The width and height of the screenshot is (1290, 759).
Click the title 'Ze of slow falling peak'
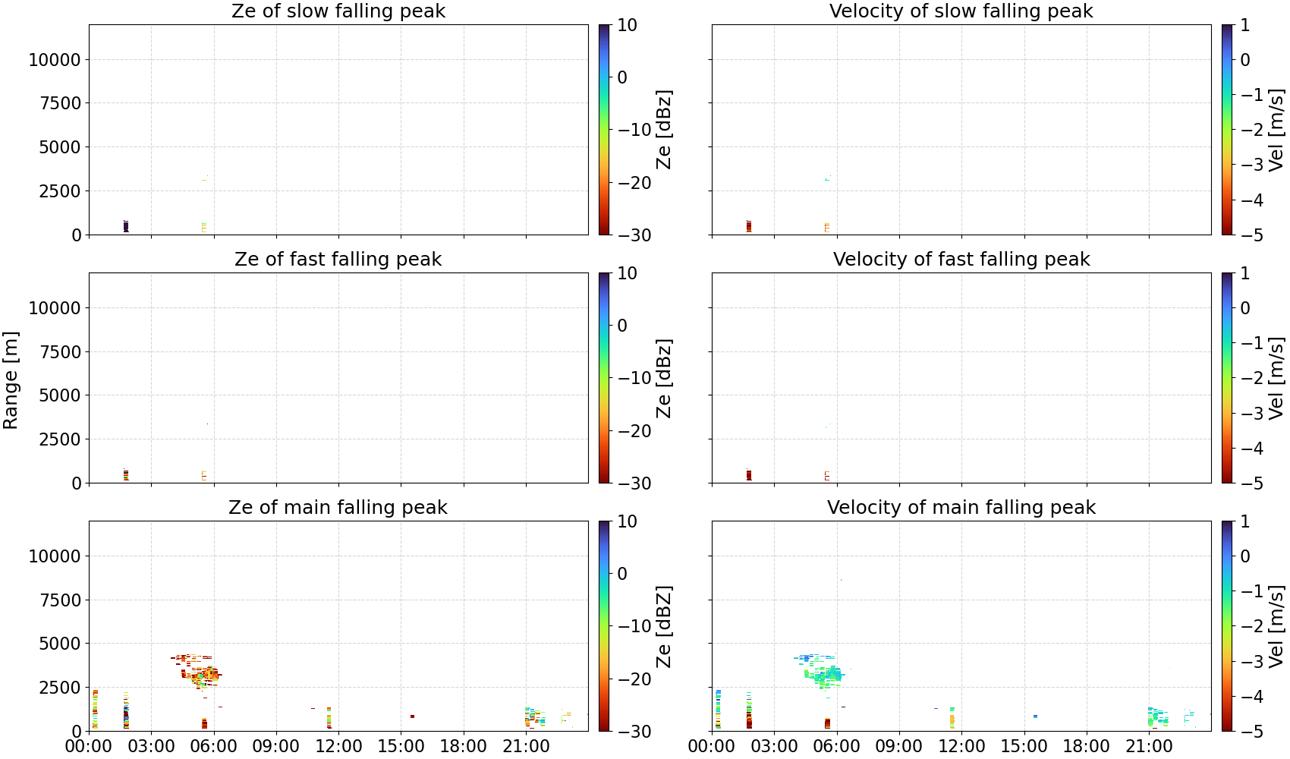pos(338,11)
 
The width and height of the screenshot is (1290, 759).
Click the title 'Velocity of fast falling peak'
pos(961,259)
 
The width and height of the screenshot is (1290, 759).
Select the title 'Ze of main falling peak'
pos(338,507)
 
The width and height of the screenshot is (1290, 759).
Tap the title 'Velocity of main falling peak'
pos(961,507)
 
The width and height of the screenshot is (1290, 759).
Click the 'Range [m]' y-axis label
pos(11,380)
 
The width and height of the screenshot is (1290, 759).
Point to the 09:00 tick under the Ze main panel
pos(276,746)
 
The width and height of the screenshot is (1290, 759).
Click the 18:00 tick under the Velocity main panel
pos(1087,746)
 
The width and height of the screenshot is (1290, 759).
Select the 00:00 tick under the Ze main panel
pos(89,746)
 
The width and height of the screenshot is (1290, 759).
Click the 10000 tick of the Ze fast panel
pos(55,308)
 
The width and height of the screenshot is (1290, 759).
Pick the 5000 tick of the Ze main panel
pos(61,643)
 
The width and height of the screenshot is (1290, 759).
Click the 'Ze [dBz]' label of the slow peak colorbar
pos(664,130)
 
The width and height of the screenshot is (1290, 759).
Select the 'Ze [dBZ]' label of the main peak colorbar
pos(664,626)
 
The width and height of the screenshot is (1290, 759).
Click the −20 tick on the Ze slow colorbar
pos(634,183)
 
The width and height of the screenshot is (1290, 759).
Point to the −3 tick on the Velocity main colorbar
pos(1252,662)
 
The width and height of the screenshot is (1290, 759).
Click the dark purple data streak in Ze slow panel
pos(126,226)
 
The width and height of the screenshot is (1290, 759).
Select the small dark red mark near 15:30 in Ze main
pos(412,716)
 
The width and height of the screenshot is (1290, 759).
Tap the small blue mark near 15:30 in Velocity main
pos(1036,716)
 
